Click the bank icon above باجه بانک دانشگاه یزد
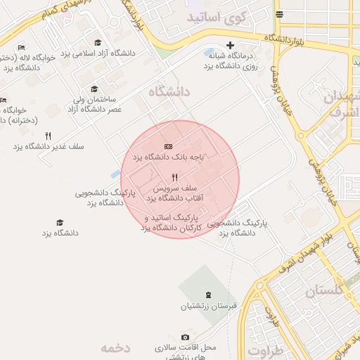(x=167, y=146)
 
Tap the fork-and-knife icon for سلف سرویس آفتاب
(x=174, y=178)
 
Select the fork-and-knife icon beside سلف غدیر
(x=48, y=136)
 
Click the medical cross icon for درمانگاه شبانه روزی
(x=230, y=45)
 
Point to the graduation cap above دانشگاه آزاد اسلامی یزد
(x=97, y=43)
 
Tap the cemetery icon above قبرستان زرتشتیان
(x=207, y=295)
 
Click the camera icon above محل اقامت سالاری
(x=185, y=337)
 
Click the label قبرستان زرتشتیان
(x=207, y=306)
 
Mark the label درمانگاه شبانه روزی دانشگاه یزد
(x=231, y=60)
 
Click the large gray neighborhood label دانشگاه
(x=169, y=91)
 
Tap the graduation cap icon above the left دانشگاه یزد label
(x=60, y=222)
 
